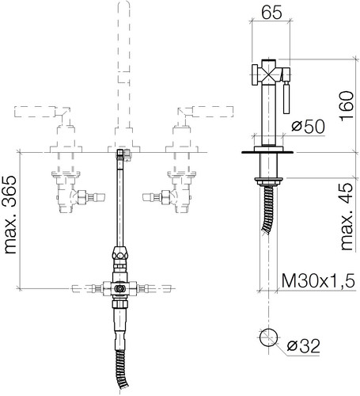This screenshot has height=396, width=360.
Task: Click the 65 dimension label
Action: click(x=271, y=13)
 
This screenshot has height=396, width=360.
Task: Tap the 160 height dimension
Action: click(x=347, y=106)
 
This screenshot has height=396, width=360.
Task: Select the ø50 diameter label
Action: click(x=308, y=127)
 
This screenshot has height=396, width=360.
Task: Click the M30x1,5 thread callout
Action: click(x=318, y=280)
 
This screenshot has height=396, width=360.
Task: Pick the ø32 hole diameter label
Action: click(x=303, y=346)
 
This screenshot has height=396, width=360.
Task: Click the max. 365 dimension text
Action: click(x=9, y=215)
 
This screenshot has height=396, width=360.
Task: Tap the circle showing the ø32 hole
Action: click(x=268, y=337)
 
